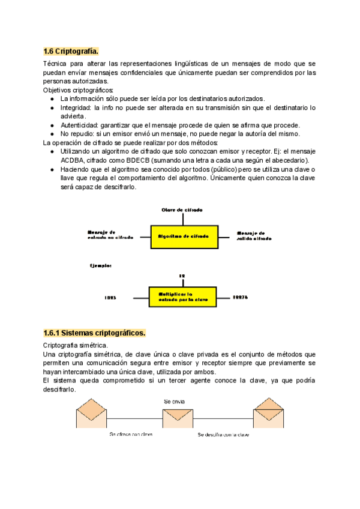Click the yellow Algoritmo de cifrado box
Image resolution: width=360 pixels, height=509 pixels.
pyautogui.click(x=183, y=237)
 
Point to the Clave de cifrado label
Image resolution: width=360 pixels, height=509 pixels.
pyautogui.click(x=182, y=209)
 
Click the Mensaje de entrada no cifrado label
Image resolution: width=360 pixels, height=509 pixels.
pyautogui.click(x=110, y=235)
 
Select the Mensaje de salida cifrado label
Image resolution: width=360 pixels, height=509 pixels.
pyautogui.click(x=254, y=236)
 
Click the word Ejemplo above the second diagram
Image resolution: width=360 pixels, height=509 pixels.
pyautogui.click(x=100, y=265)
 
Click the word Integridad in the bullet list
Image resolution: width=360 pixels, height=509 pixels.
pyautogui.click(x=76, y=107)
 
